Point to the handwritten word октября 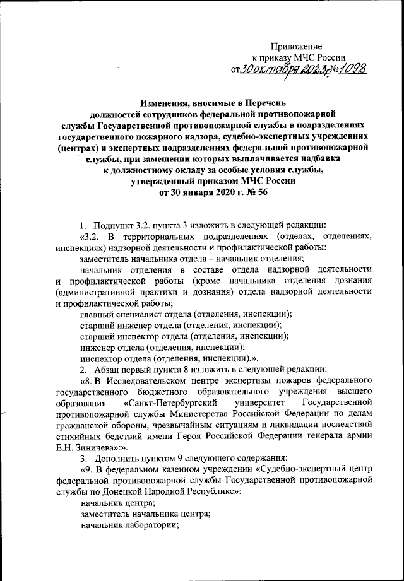coord(278,68)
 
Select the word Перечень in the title coord(265,102)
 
